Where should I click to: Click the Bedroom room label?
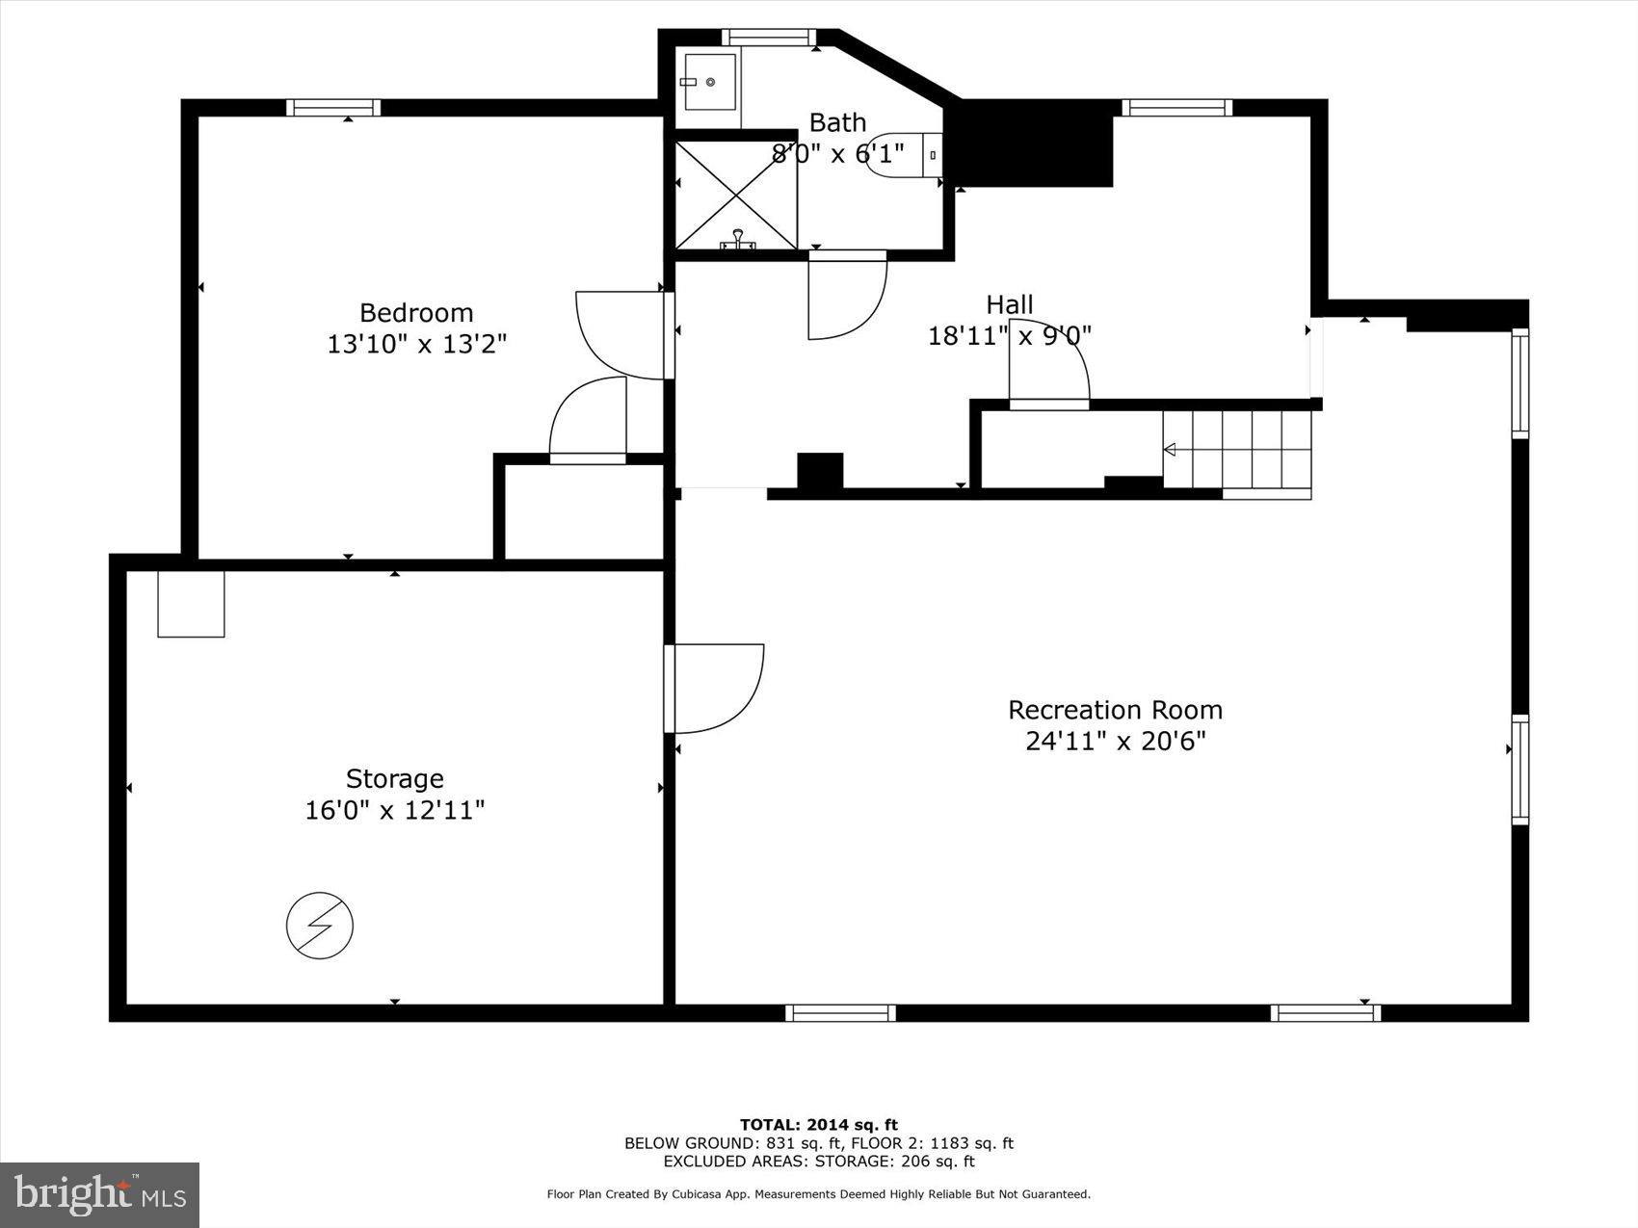(x=416, y=313)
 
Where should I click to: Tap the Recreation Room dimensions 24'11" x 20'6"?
(x=1115, y=741)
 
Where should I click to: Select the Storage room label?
(x=394, y=778)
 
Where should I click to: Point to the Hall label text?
(x=1009, y=305)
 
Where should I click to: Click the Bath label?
(x=837, y=122)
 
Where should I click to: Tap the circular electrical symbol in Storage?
(x=320, y=926)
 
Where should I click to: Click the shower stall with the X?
(x=736, y=196)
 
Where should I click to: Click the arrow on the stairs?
(x=1171, y=450)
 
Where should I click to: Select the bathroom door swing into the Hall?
(x=844, y=297)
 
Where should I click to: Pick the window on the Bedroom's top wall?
(x=333, y=108)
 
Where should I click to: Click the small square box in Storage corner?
(x=191, y=604)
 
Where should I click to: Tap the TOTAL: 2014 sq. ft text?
(x=818, y=1124)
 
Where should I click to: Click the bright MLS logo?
(x=99, y=1194)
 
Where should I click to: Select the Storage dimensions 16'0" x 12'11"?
(x=394, y=810)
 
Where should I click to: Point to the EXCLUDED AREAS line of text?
(x=818, y=1161)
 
